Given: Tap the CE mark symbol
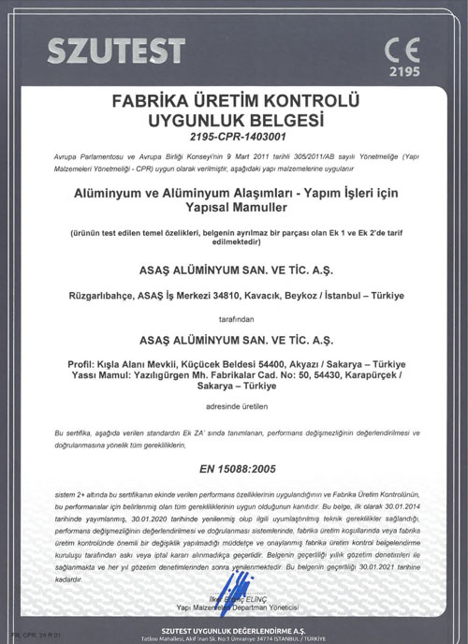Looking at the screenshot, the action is click(x=402, y=46).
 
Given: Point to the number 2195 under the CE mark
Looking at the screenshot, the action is click(x=401, y=70).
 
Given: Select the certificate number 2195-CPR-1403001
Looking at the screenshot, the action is click(x=233, y=136).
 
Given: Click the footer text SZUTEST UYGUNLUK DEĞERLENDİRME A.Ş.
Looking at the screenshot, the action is click(x=233, y=629).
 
